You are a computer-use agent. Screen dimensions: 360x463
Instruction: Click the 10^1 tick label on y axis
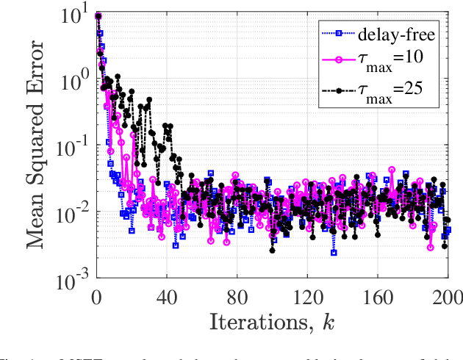[74, 14]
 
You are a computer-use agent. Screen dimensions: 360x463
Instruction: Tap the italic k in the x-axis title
[327, 321]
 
